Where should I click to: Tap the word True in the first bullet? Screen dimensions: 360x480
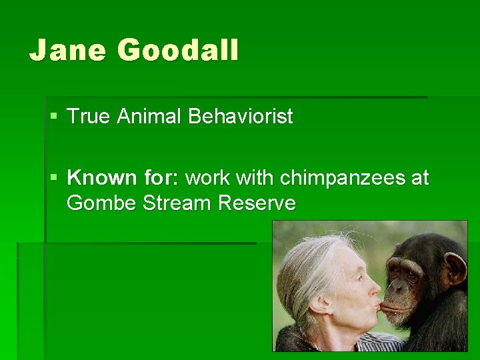click(89, 117)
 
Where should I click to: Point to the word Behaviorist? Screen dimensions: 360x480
click(240, 117)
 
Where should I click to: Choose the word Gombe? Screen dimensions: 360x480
click(102, 203)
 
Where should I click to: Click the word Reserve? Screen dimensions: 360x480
click(256, 203)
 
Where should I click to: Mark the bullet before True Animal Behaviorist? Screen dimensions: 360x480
click(54, 117)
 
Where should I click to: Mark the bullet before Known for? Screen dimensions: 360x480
click(54, 179)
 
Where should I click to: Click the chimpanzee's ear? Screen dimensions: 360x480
click(456, 267)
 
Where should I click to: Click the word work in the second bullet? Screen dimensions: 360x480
click(207, 178)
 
